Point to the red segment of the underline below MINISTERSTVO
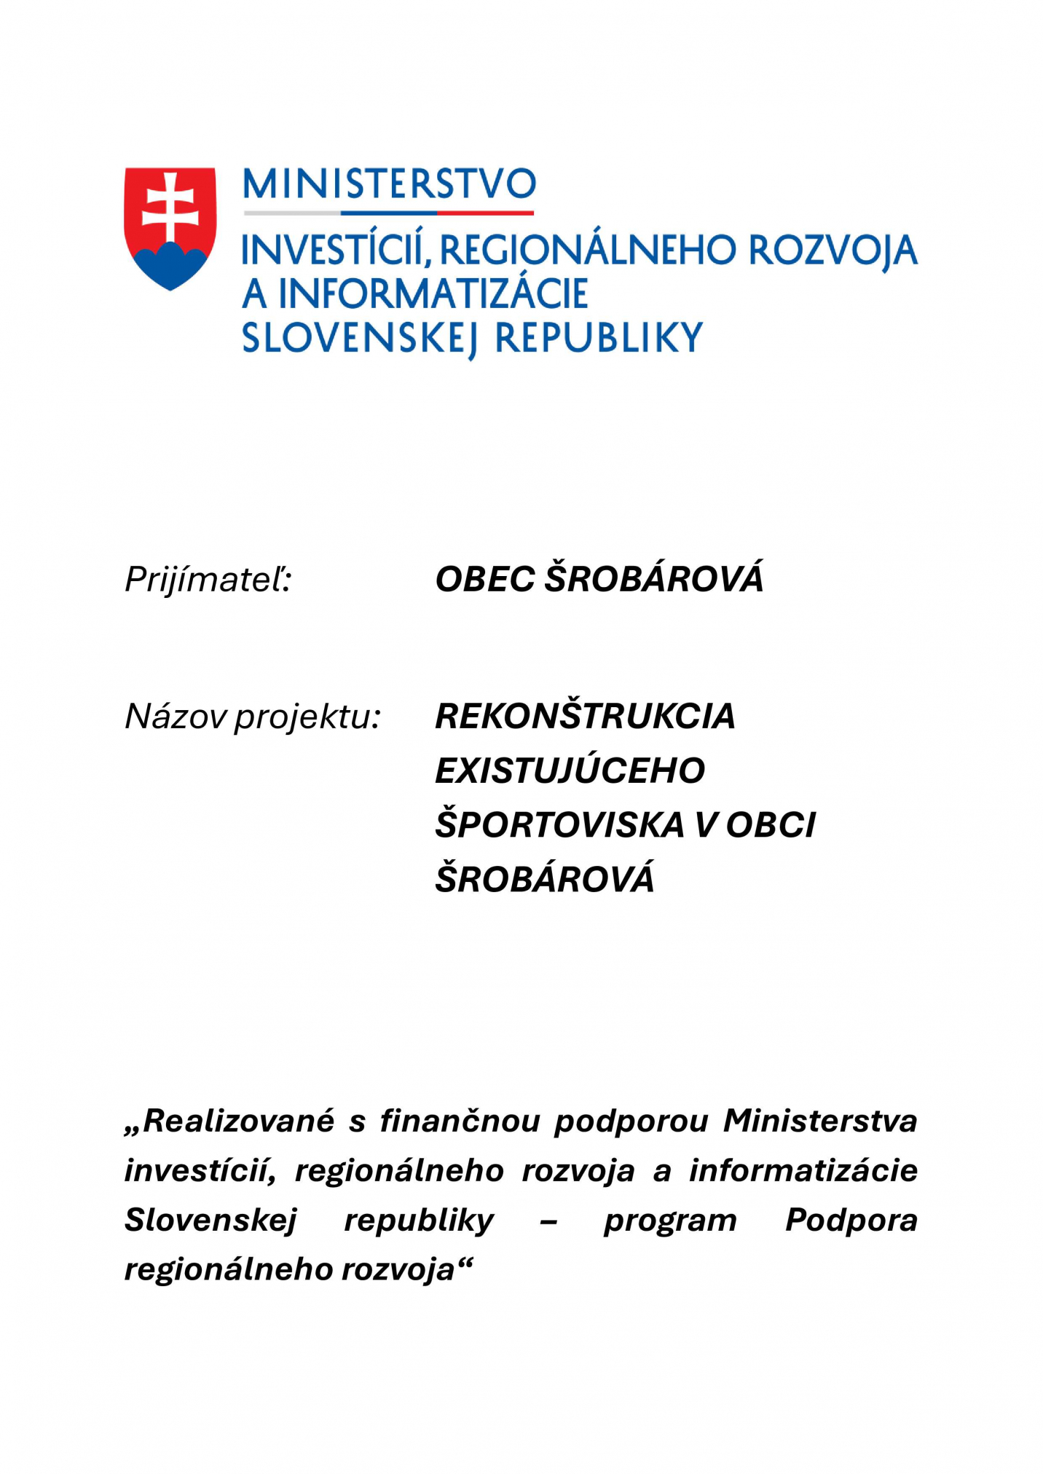(x=485, y=213)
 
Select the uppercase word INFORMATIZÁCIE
(x=433, y=293)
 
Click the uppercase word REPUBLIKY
(x=599, y=338)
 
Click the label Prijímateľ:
(x=208, y=580)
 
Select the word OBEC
(x=485, y=580)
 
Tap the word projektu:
(x=307, y=718)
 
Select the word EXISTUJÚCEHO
(x=570, y=770)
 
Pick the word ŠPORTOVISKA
(x=559, y=824)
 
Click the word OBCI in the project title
(x=771, y=825)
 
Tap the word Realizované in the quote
(x=239, y=1121)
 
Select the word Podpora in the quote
(x=851, y=1221)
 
